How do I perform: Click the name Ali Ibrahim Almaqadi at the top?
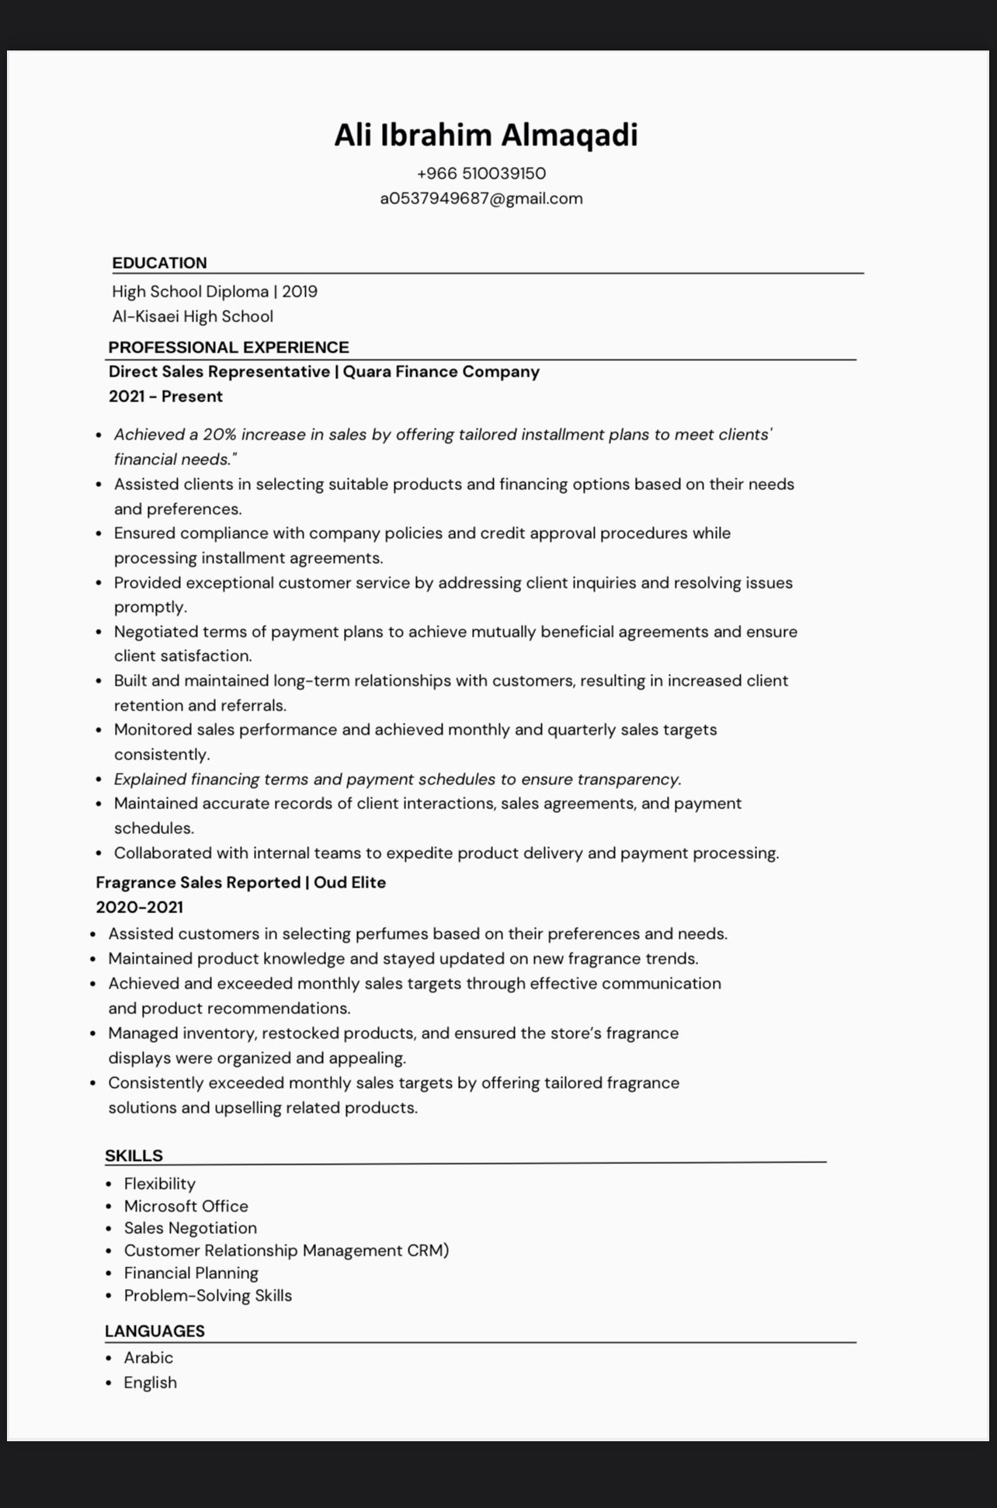pyautogui.click(x=485, y=135)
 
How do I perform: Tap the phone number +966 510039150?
pyautogui.click(x=481, y=173)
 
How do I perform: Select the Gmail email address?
pyautogui.click(x=481, y=199)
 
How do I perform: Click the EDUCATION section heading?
pyautogui.click(x=159, y=263)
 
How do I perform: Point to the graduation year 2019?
pyautogui.click(x=300, y=292)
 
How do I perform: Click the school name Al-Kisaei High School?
pyautogui.click(x=193, y=317)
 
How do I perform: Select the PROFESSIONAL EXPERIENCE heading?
pyautogui.click(x=228, y=347)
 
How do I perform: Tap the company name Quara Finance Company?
pyautogui.click(x=441, y=372)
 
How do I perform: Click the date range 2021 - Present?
pyautogui.click(x=165, y=397)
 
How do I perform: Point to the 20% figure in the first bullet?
pyautogui.click(x=220, y=435)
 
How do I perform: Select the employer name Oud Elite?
pyautogui.click(x=349, y=883)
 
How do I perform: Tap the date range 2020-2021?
pyautogui.click(x=140, y=908)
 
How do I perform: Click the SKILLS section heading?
pyautogui.click(x=134, y=1155)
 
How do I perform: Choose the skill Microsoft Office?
pyautogui.click(x=186, y=1207)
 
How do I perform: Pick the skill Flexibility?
pyautogui.click(x=160, y=1184)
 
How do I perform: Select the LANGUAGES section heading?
pyautogui.click(x=155, y=1331)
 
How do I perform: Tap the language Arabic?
pyautogui.click(x=148, y=1358)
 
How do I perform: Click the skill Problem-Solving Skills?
pyautogui.click(x=208, y=1296)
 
